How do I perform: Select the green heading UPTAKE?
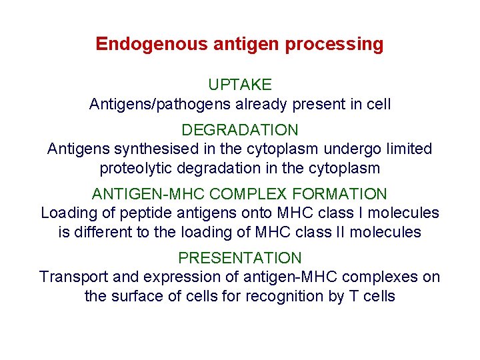click(240, 85)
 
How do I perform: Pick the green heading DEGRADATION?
click(240, 130)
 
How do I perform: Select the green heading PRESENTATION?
click(240, 258)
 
